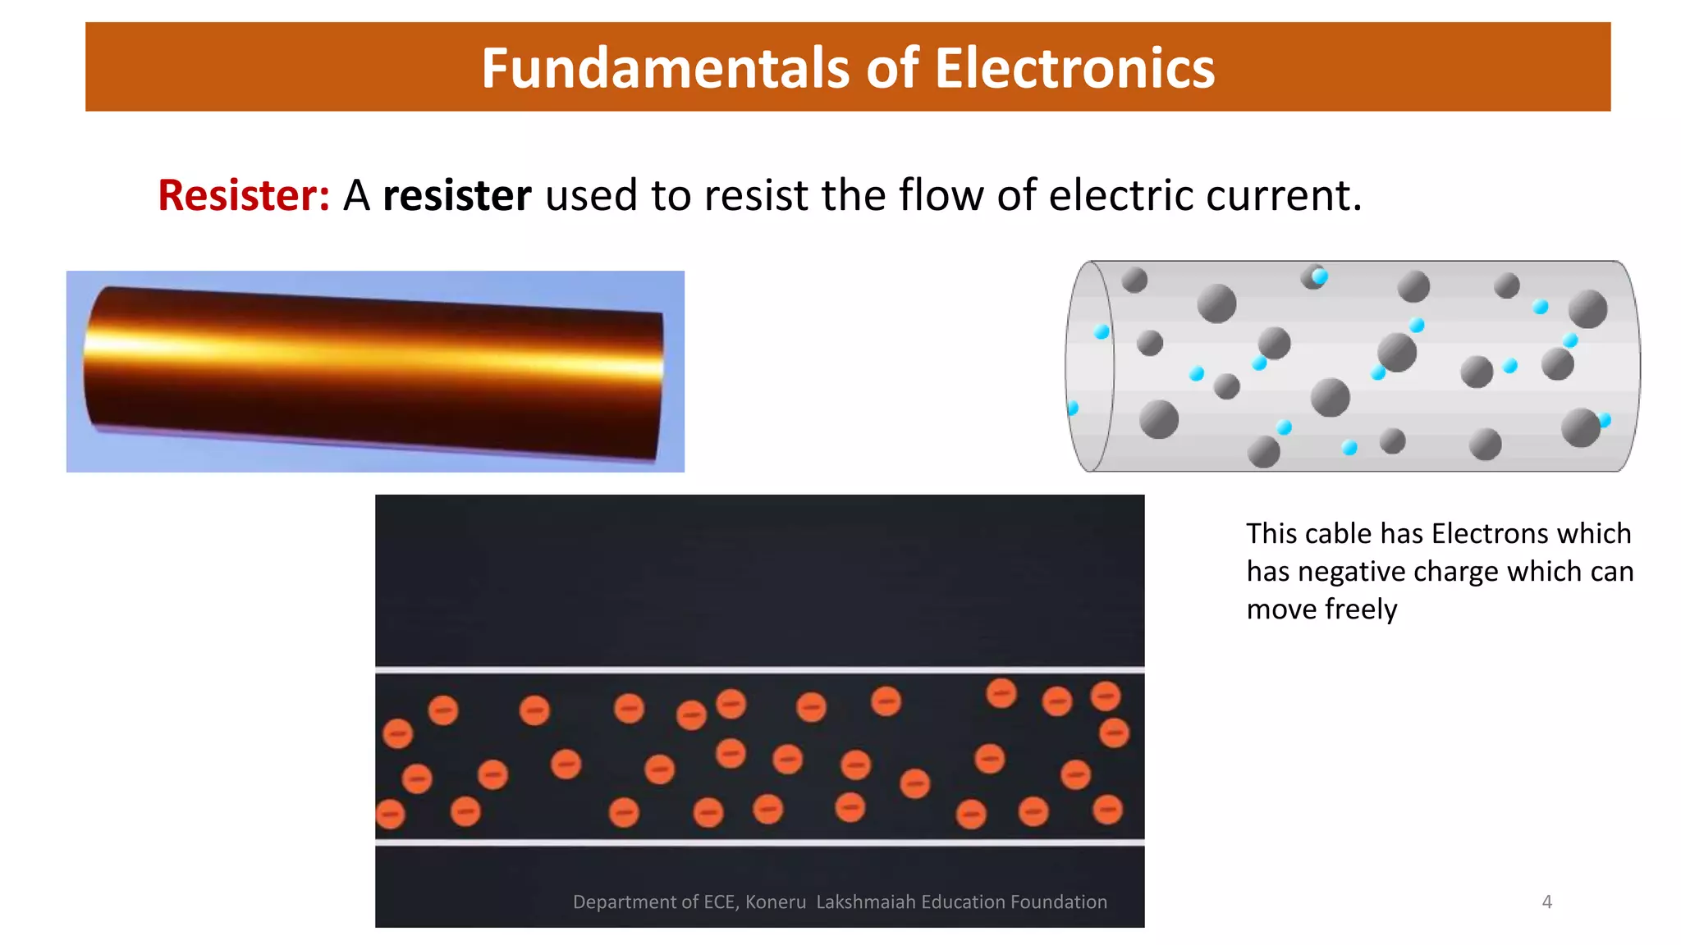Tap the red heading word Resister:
pos(244,196)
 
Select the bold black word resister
pos(456,196)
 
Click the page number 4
pos(1546,902)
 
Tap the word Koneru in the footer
pos(776,902)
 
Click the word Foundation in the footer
pos(1059,902)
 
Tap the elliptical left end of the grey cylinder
pos(1089,366)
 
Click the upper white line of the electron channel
pos(759,670)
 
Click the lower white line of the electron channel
pos(759,842)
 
